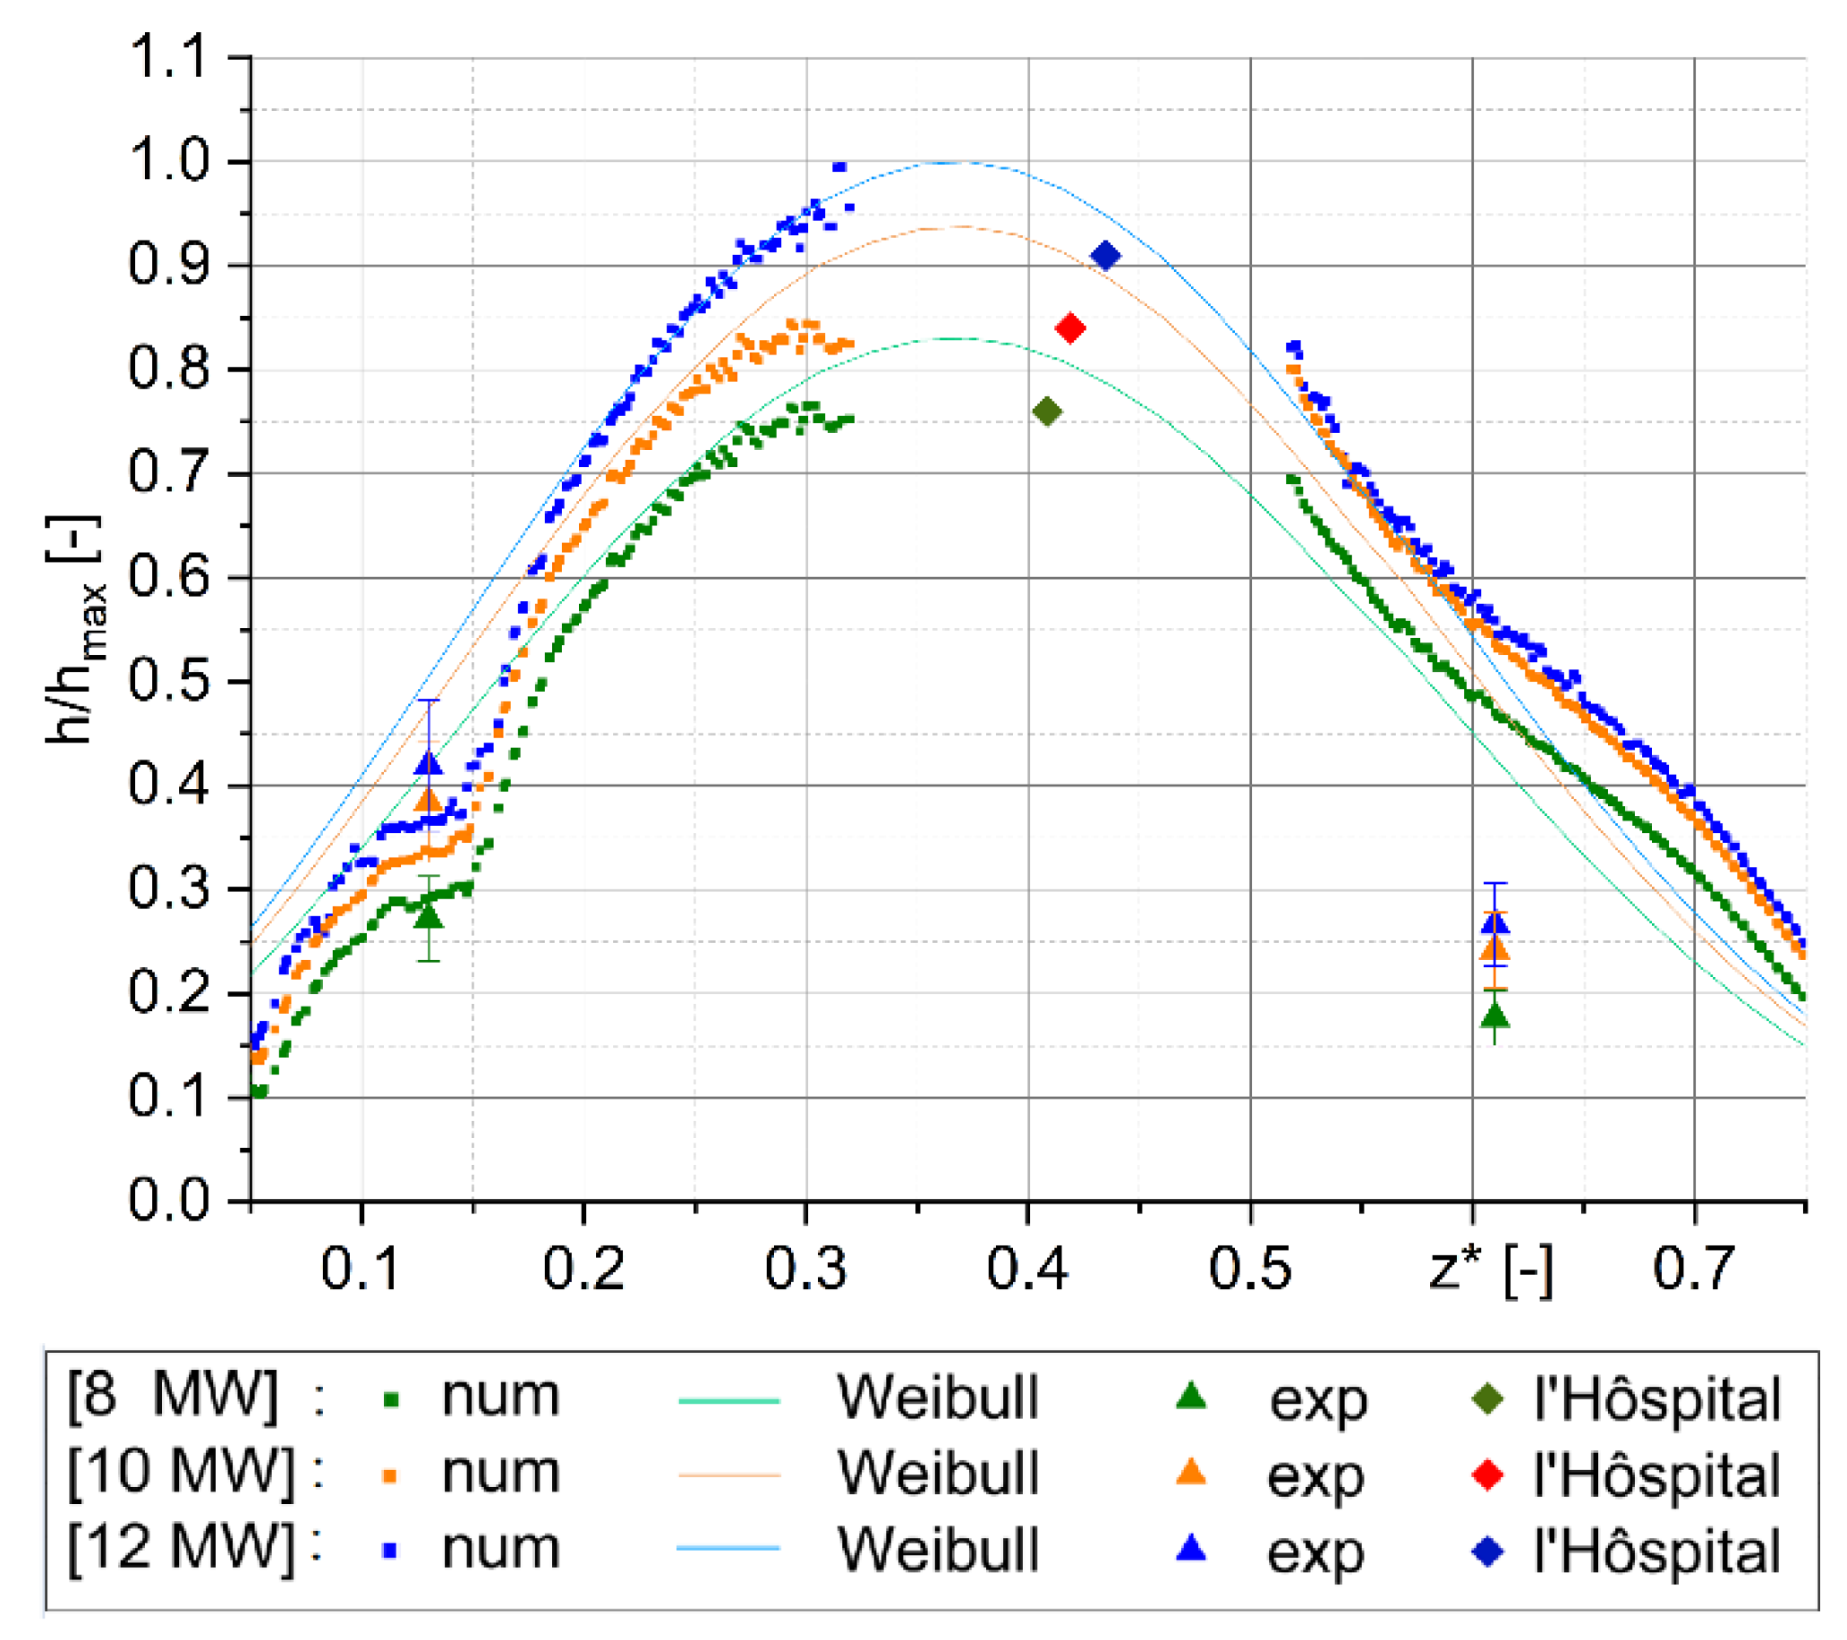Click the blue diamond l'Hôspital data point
[x=1105, y=256]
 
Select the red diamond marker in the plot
[x=1070, y=328]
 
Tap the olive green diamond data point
[x=1046, y=412]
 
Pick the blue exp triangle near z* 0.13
[x=429, y=764]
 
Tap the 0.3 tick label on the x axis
[x=805, y=1269]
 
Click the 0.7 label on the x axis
[x=1693, y=1269]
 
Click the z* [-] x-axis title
[x=1491, y=1269]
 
